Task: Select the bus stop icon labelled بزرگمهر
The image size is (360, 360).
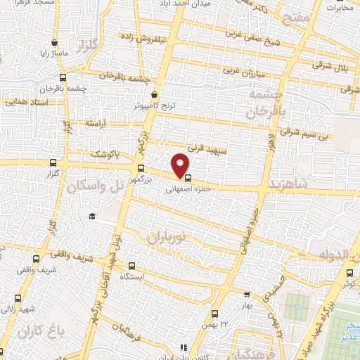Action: (x=141, y=169)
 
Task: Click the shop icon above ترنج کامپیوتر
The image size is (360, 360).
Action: (x=155, y=95)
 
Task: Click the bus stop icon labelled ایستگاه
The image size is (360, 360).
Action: (x=134, y=266)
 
